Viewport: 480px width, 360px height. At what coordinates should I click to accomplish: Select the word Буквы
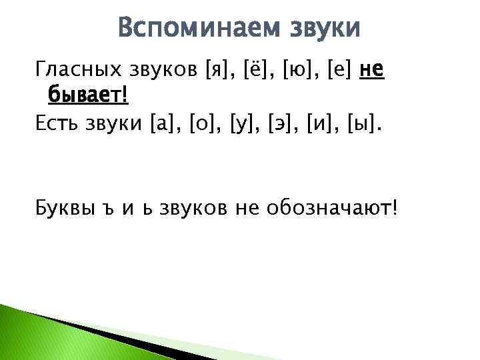(x=63, y=210)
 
